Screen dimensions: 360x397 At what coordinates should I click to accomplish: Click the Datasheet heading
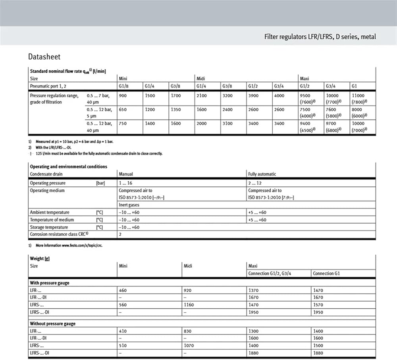[44, 57]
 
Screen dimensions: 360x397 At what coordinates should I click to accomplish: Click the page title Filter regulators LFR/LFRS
[320, 37]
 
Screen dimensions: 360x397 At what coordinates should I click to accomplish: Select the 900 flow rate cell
[123, 96]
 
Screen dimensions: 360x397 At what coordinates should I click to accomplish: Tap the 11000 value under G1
[358, 96]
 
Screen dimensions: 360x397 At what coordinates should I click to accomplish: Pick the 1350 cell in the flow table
[176, 110]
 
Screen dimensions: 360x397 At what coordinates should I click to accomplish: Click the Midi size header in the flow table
[200, 79]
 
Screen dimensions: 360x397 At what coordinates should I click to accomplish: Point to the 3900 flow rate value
[253, 96]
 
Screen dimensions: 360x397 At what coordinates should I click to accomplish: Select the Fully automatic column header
[262, 174]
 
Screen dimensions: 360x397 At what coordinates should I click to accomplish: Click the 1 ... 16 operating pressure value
[126, 183]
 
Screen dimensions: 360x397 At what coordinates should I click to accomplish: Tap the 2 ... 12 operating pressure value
[255, 183]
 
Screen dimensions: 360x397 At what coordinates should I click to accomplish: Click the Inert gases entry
[129, 205]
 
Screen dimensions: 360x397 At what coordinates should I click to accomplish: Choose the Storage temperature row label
[49, 227]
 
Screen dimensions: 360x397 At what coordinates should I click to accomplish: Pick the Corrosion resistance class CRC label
[59, 234]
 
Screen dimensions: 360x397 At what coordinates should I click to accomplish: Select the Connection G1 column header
[326, 273]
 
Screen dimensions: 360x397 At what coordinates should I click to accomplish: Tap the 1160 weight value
[191, 305]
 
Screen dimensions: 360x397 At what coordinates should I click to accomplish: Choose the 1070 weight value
[190, 346]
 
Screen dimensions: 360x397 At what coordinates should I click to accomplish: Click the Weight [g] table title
[40, 258]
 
